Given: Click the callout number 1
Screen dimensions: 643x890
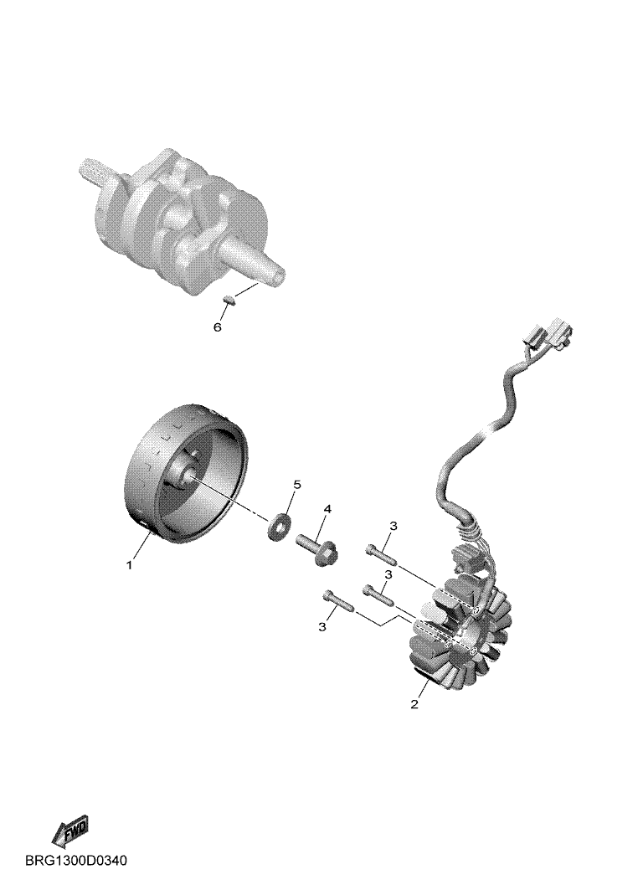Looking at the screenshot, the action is coord(130,565).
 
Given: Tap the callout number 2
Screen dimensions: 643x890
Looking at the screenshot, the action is coord(414,704).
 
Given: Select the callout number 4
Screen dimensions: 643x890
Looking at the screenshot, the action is coord(327,509).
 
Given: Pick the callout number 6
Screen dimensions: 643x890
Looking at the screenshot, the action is coord(217,327).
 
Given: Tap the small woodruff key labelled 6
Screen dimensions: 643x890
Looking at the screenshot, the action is coord(228,299).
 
